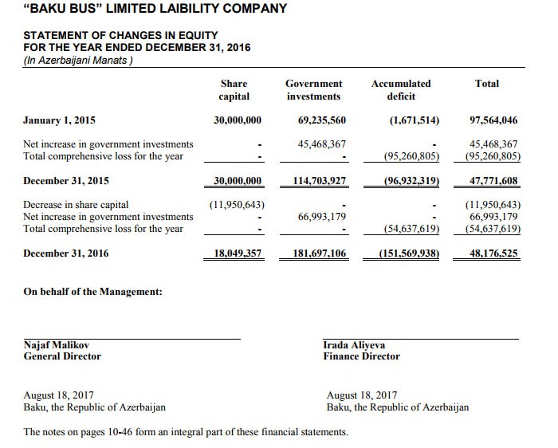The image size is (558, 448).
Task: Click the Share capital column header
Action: [234, 90]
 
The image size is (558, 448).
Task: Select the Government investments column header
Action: [313, 90]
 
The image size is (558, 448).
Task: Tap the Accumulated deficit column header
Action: [401, 90]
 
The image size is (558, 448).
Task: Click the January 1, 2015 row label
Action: [60, 120]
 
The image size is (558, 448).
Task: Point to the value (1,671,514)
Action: [415, 120]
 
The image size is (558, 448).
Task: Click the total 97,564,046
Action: [494, 120]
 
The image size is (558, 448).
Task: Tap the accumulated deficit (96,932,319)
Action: [412, 180]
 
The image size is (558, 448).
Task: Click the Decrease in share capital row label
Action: [77, 204]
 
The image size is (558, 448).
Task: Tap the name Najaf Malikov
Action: [57, 345]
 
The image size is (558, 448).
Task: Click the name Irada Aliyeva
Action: [354, 345]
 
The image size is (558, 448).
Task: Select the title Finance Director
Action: [361, 356]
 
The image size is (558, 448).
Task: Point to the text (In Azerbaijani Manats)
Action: [77, 59]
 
